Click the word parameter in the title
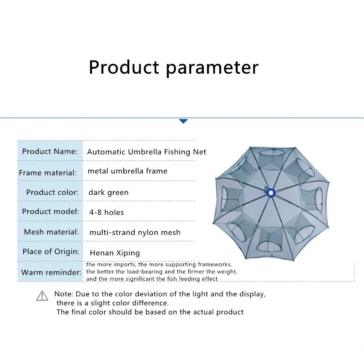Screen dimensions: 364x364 pos(212,68)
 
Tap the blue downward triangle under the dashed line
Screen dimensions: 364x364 pos(183,121)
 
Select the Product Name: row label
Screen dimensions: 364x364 pos(50,152)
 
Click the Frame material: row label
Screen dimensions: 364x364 pos(48,172)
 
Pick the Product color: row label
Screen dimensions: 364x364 pos(52,192)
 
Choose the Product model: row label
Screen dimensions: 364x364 pos(50,212)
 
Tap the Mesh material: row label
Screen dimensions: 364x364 pos(51,232)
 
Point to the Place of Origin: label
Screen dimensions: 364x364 pos(51,251)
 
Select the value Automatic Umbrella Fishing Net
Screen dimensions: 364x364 pos(147,152)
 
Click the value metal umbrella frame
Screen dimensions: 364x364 pos(127,171)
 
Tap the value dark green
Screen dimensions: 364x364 pos(108,192)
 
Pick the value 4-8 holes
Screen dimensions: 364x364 pos(106,212)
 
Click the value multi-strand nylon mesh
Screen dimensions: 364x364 pos(135,232)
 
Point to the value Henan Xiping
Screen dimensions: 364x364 pos(115,253)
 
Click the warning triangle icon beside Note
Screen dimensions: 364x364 pos(42,296)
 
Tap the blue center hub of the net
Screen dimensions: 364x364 pos(272,193)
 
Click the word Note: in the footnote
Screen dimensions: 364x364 pos(64,294)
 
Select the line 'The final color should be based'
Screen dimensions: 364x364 pos(150,312)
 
